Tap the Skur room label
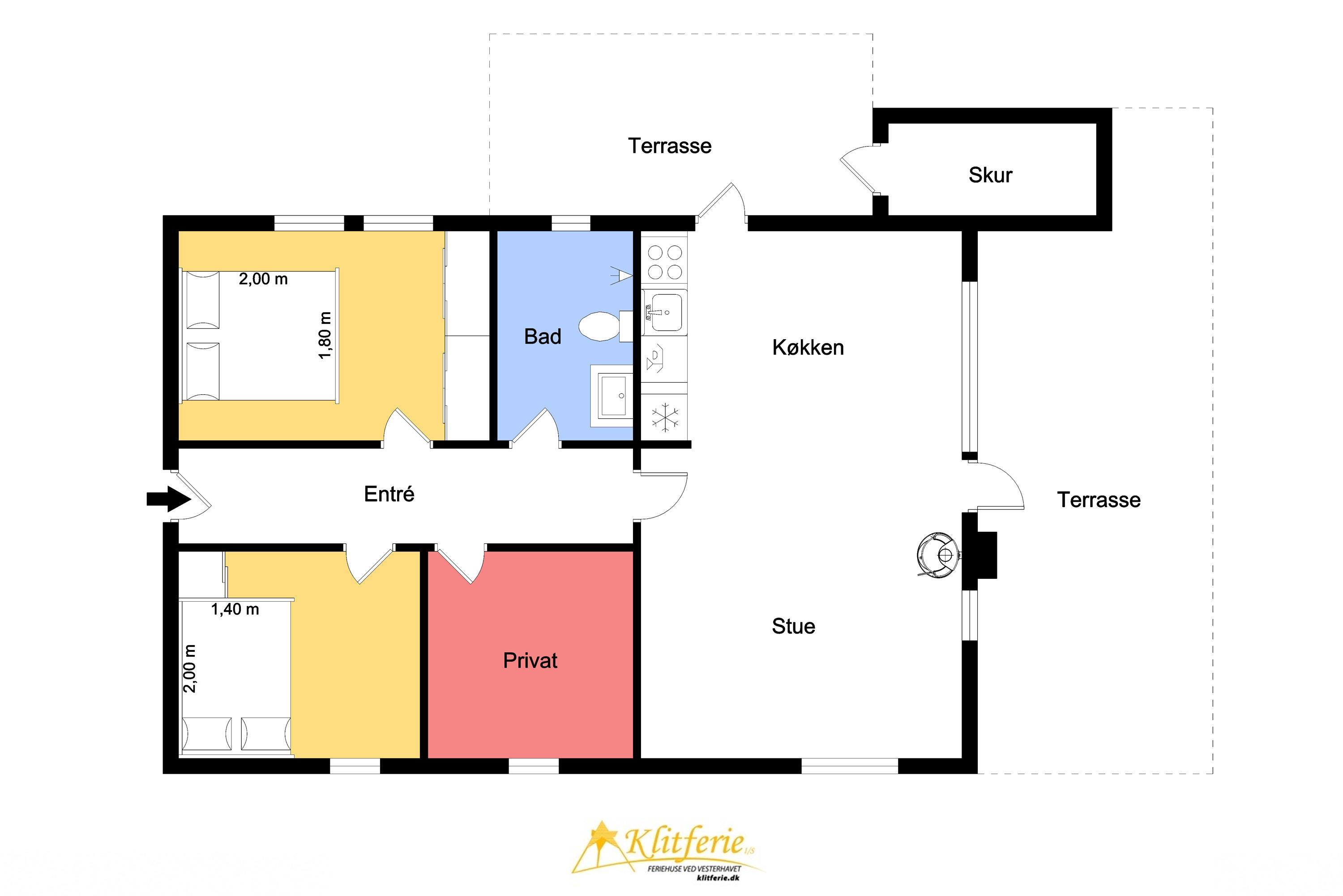[x=990, y=175]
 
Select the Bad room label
[x=543, y=336]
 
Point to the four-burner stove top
[x=665, y=262]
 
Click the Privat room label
[x=530, y=660]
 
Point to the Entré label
[x=389, y=494]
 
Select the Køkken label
[x=808, y=348]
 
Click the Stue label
[x=793, y=626]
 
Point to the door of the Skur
[x=860, y=168]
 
